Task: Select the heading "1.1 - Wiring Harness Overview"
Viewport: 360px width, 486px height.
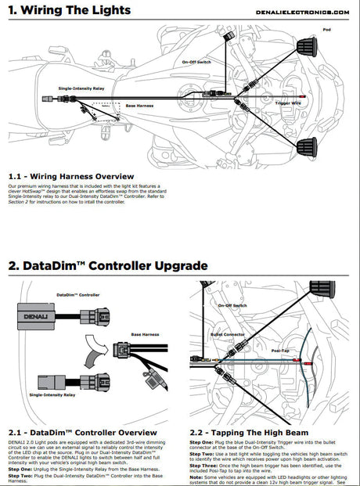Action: (71, 176)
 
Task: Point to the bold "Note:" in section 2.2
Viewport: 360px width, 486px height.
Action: (197, 477)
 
